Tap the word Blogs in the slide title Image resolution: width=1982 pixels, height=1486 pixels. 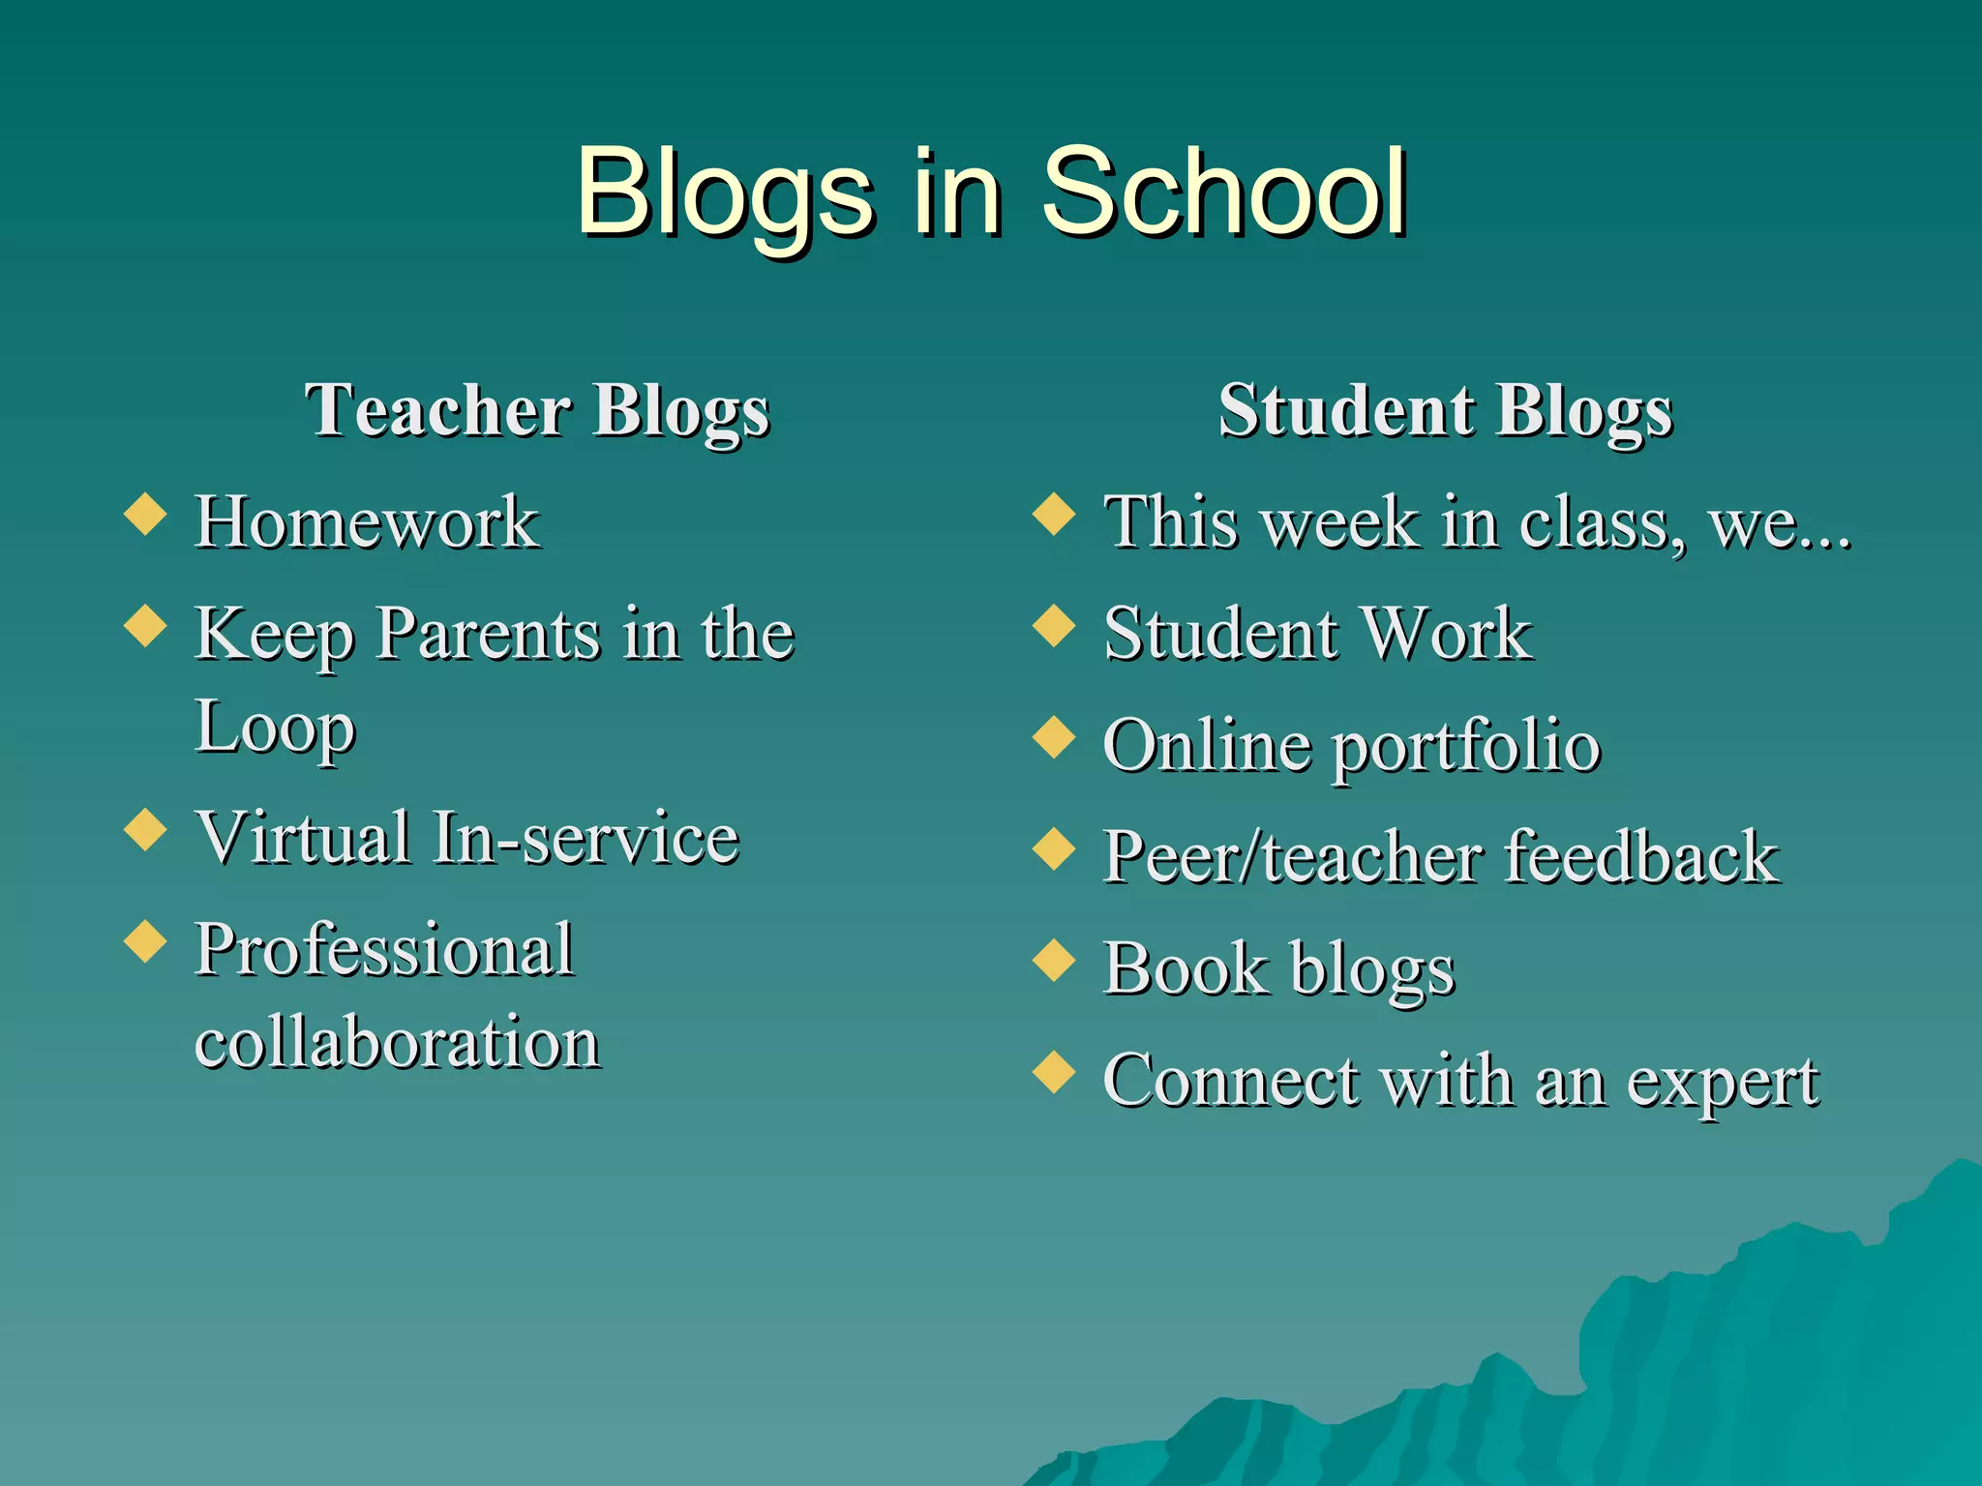tap(724, 193)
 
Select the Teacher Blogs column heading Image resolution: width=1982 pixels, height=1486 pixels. tap(537, 411)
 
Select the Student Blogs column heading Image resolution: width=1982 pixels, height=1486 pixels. tap(1446, 411)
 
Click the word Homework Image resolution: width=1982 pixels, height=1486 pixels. tap(367, 522)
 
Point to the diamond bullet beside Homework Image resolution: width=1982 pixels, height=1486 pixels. tap(146, 514)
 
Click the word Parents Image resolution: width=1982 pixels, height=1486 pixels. tap(489, 635)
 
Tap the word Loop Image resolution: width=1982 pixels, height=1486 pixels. tap(276, 728)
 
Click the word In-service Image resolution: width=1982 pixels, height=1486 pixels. tap(586, 838)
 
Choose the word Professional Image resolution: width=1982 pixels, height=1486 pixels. tap(385, 950)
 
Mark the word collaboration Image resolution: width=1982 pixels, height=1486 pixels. tap(398, 1043)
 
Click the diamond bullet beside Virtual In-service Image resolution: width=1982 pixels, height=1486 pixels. tap(146, 829)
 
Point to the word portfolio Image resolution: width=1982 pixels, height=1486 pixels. tap(1467, 747)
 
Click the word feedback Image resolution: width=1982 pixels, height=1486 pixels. tap(1641, 857)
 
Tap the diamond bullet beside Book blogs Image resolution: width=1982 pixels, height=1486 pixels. tap(1055, 961)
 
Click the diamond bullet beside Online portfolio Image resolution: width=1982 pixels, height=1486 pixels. tap(1055, 737)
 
